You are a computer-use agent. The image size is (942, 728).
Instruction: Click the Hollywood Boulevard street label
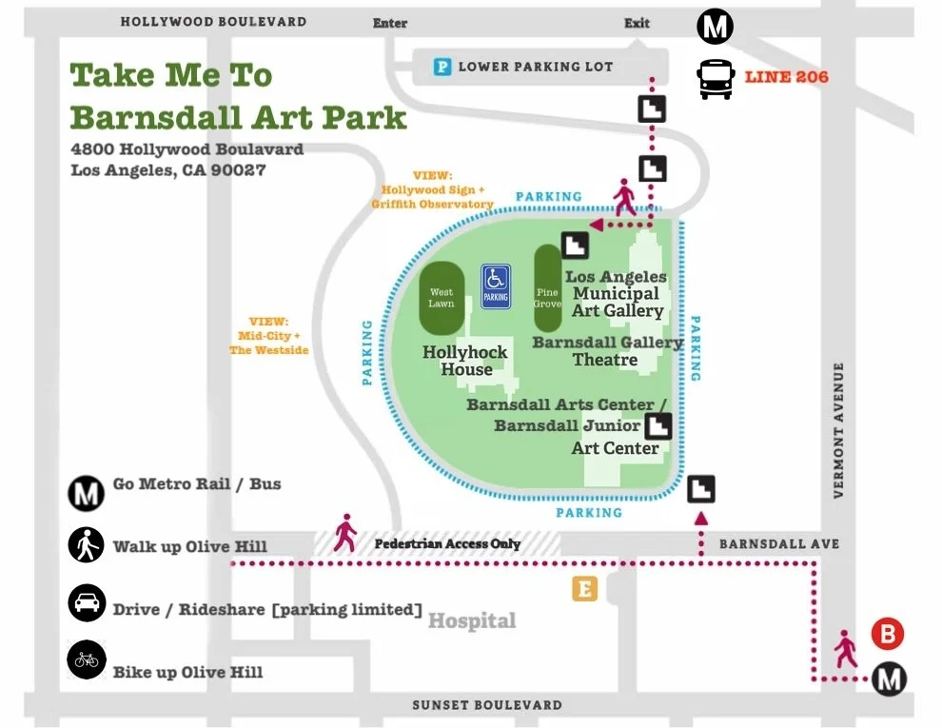click(x=213, y=21)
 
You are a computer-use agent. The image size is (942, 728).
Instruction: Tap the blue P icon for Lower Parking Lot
click(x=442, y=67)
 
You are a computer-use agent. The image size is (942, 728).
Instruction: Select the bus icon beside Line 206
click(x=716, y=79)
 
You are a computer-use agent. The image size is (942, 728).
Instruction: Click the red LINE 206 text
click(x=786, y=77)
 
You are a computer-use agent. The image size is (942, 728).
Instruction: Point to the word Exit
click(x=637, y=23)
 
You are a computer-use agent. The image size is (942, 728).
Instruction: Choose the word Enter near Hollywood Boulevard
click(x=390, y=23)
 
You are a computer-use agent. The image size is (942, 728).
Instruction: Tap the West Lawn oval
click(x=442, y=298)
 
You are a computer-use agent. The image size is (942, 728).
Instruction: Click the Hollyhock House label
click(x=465, y=361)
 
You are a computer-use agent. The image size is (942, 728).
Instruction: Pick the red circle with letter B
click(x=887, y=634)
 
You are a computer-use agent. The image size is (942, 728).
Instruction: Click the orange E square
click(x=584, y=589)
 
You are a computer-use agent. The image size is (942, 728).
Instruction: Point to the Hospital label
click(x=472, y=621)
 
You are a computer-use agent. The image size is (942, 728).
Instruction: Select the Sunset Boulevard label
click(x=486, y=705)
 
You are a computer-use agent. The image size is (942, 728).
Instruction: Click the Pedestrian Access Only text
click(x=447, y=543)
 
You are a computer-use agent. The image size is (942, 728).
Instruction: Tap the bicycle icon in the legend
click(x=87, y=660)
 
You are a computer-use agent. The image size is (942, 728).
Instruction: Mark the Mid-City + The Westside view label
click(x=269, y=336)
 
